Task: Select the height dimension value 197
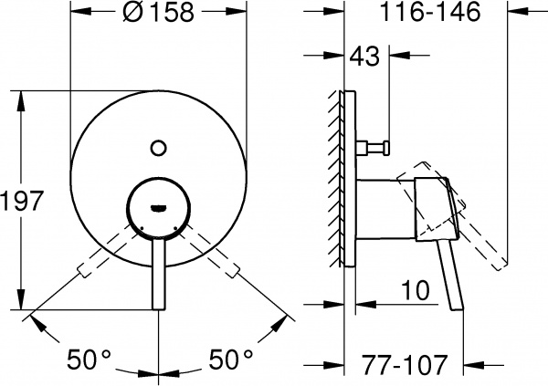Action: pyautogui.click(x=22, y=202)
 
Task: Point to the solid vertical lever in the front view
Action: pyautogui.click(x=157, y=269)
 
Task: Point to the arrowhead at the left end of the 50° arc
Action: pyautogui.click(x=35, y=319)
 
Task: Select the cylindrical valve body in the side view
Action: pyautogui.click(x=379, y=205)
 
